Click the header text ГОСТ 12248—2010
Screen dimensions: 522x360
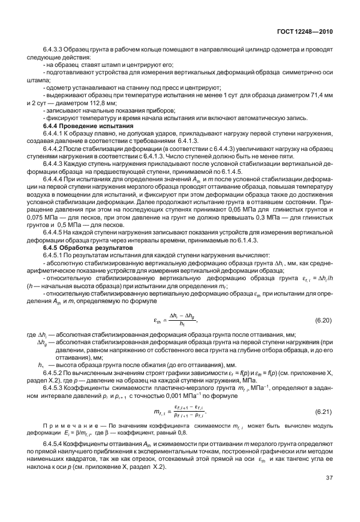pos(303,32)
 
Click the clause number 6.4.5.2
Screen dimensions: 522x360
pos(54,389)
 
